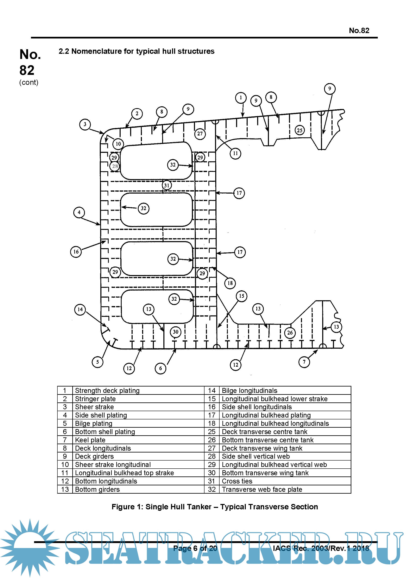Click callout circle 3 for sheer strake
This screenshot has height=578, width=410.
click(x=85, y=124)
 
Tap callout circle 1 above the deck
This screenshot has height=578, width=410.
click(x=241, y=98)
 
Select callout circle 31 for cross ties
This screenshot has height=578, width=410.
click(x=167, y=185)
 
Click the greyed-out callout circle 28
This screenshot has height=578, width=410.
click(x=115, y=166)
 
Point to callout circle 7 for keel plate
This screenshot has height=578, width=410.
click(x=304, y=362)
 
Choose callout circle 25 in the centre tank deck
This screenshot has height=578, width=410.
click(x=300, y=130)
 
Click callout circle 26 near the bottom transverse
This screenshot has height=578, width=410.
click(x=290, y=333)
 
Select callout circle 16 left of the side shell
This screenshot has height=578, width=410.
click(x=76, y=252)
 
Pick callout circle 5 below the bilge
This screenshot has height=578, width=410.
click(x=97, y=362)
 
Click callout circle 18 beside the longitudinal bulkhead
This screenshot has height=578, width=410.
click(x=230, y=283)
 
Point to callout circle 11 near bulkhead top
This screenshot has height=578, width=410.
click(x=235, y=153)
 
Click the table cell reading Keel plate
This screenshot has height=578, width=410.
click(x=90, y=440)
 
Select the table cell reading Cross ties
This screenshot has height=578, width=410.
click(x=237, y=481)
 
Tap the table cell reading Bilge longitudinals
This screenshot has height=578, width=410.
click(x=250, y=391)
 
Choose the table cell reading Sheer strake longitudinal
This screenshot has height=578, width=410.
click(x=113, y=465)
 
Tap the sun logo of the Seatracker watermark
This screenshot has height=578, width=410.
click(x=30, y=547)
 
